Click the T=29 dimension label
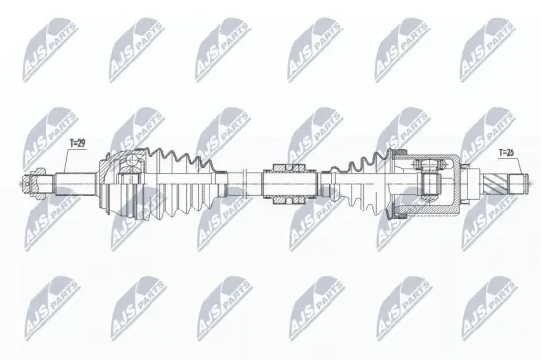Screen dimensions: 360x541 (76, 144)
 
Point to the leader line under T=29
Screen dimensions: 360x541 (69, 162)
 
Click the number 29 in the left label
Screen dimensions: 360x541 (80, 144)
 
